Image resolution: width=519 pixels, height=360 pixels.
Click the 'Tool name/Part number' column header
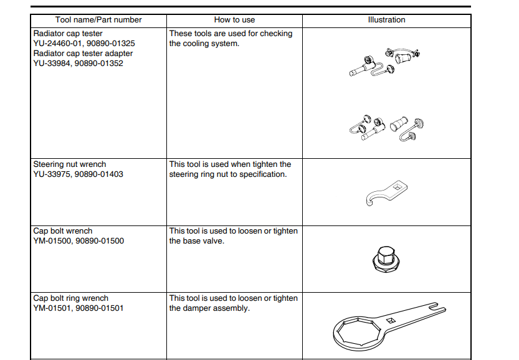[98, 20]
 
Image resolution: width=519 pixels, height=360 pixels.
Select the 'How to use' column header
[234, 20]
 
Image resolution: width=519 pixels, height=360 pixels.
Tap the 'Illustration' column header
[386, 20]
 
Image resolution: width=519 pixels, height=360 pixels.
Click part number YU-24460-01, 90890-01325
[84, 44]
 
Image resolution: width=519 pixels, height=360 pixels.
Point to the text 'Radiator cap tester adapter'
[83, 54]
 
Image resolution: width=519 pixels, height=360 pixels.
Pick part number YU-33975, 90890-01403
[78, 174]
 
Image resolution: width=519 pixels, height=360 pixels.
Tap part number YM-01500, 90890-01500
[79, 241]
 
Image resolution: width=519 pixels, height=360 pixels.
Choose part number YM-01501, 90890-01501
[78, 308]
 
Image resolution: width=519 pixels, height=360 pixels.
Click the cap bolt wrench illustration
[386, 257]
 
